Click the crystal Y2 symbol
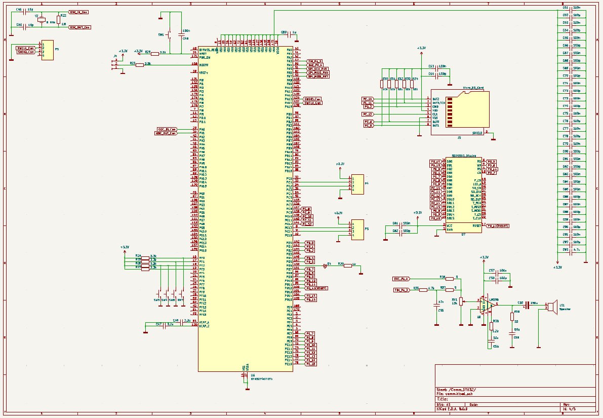pyautogui.click(x=42, y=20)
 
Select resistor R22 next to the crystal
pyautogui.click(x=58, y=20)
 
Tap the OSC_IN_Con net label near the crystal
pyautogui.click(x=79, y=11)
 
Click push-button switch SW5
pyautogui.click(x=169, y=35)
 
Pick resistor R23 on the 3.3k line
pyautogui.click(x=140, y=64)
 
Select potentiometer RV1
pyautogui.click(x=461, y=302)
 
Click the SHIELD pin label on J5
pyautogui.click(x=477, y=133)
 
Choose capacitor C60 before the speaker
pyautogui.click(x=527, y=305)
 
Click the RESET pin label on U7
pyautogui.click(x=476, y=225)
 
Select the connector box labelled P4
pyautogui.click(x=357, y=184)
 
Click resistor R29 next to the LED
pyautogui.click(x=347, y=265)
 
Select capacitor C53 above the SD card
pyautogui.click(x=431, y=66)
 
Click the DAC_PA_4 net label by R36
pyautogui.click(x=401, y=279)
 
